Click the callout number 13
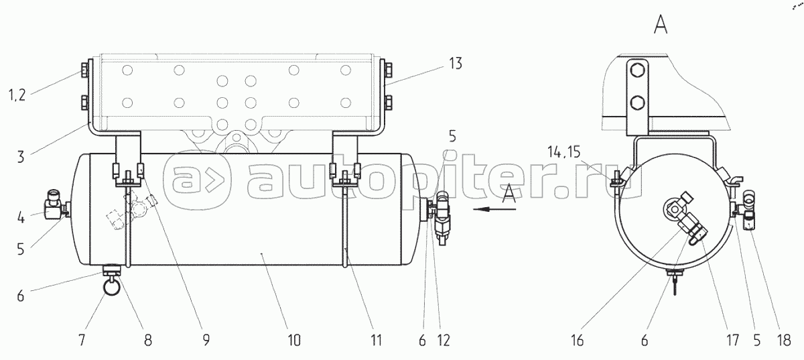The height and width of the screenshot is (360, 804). (x=456, y=64)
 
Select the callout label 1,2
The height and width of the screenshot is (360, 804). (x=17, y=95)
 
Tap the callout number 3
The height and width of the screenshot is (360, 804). (x=21, y=157)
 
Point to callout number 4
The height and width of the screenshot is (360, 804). (x=21, y=217)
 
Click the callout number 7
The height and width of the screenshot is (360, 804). (x=82, y=339)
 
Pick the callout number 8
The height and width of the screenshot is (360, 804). (x=148, y=339)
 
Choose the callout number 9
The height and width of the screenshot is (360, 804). (x=206, y=339)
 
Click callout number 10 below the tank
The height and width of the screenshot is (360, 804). (x=294, y=339)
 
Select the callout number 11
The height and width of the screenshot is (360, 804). (x=376, y=339)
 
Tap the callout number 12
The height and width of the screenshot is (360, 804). (x=444, y=339)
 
